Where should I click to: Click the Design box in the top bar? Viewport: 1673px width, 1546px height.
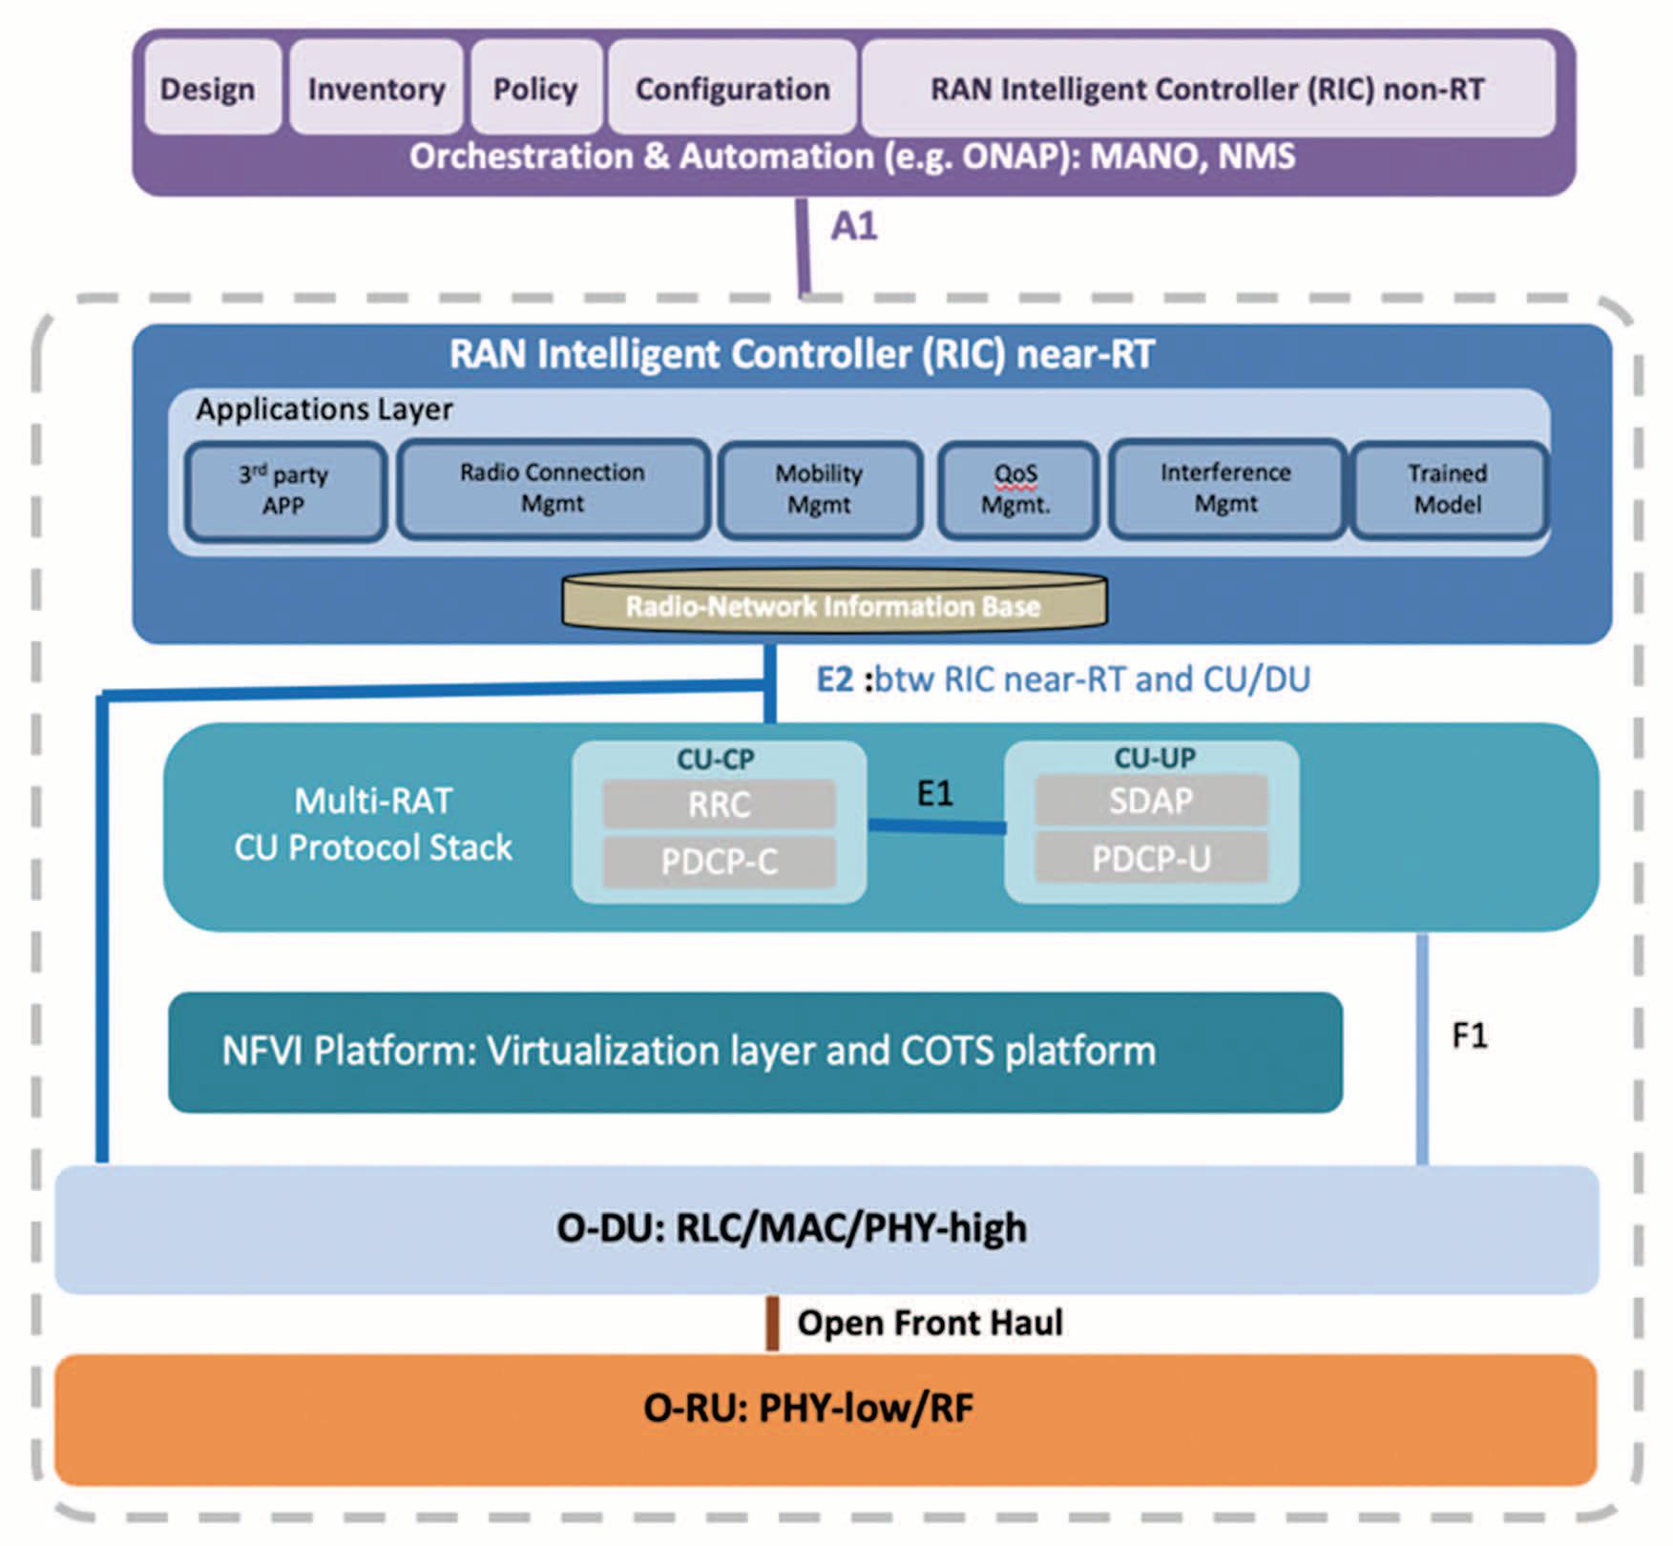pyautogui.click(x=208, y=88)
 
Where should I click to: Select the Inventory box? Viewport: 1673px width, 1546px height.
pyautogui.click(x=376, y=88)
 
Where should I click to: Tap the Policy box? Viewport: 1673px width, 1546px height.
pyautogui.click(x=535, y=88)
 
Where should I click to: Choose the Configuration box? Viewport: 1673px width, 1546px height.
pyautogui.click(x=732, y=88)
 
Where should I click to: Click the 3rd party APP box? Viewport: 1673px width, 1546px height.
pyautogui.click(x=284, y=491)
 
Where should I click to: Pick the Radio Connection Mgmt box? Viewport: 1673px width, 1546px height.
pyautogui.click(x=553, y=489)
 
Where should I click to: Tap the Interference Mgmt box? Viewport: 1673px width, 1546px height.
pyautogui.click(x=1226, y=489)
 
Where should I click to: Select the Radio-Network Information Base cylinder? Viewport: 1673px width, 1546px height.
pyautogui.click(x=834, y=603)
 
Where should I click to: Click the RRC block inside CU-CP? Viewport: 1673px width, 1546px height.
pyautogui.click(x=719, y=804)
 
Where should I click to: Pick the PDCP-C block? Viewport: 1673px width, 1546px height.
pyautogui.click(x=719, y=862)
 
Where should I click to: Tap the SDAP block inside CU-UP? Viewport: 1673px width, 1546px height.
pyautogui.click(x=1151, y=801)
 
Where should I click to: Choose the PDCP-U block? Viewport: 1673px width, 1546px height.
pyautogui.click(x=1151, y=859)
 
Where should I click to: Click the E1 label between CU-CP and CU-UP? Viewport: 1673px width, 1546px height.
pyautogui.click(x=934, y=793)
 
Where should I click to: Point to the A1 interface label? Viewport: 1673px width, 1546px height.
pyautogui.click(x=853, y=226)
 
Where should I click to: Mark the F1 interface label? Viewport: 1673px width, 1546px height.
pyautogui.click(x=1469, y=1035)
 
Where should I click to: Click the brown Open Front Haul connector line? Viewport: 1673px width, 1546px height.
pyautogui.click(x=772, y=1323)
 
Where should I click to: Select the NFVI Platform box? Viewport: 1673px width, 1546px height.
pyautogui.click(x=755, y=1052)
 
